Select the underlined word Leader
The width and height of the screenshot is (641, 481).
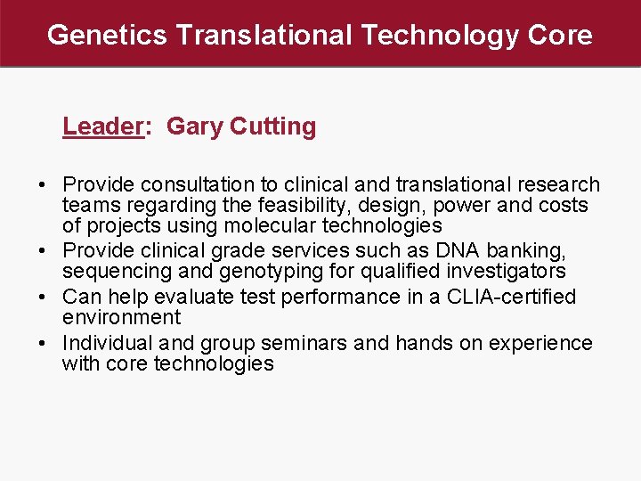[x=102, y=126]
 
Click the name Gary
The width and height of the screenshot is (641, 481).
[x=194, y=126]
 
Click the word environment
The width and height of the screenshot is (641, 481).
[x=121, y=317]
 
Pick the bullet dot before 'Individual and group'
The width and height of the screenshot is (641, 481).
[x=43, y=344]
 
